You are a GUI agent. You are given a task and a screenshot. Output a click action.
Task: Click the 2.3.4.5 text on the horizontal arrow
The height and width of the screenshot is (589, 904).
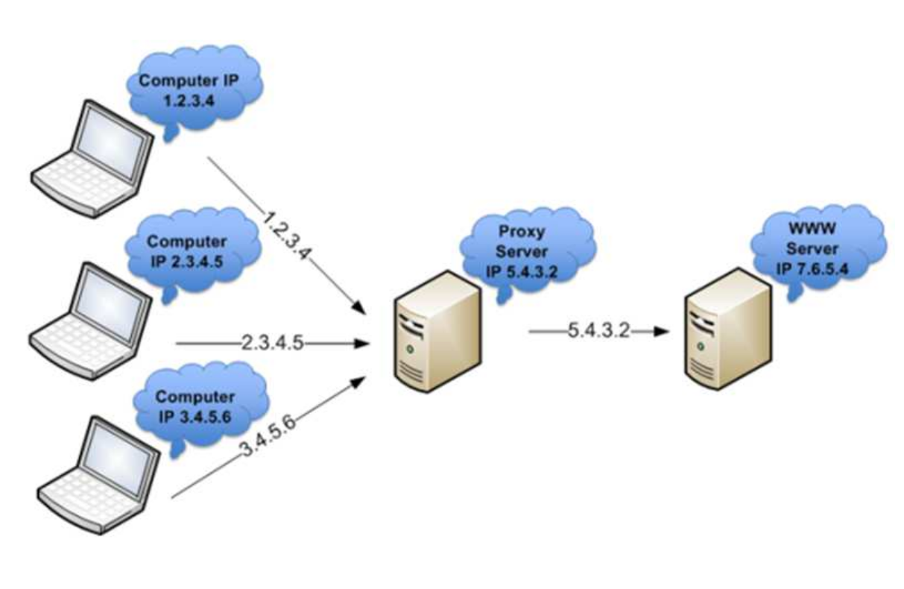click(272, 344)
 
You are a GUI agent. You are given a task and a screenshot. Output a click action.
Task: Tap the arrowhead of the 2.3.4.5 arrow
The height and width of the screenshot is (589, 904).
click(363, 344)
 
